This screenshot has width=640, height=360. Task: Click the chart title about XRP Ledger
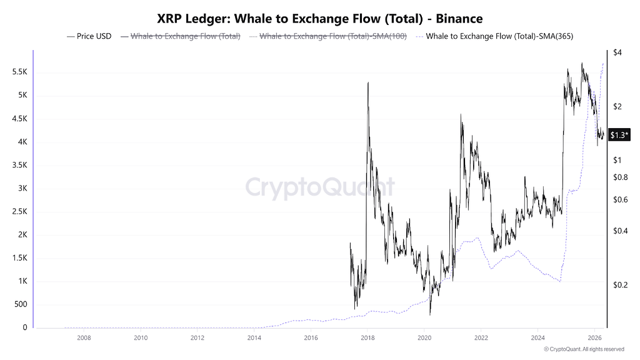pyautogui.click(x=319, y=19)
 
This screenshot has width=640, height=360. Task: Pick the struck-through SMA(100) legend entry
pyautogui.click(x=333, y=36)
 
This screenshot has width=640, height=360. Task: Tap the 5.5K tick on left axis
pyautogui.click(x=19, y=72)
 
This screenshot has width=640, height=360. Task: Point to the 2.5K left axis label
pyautogui.click(x=19, y=212)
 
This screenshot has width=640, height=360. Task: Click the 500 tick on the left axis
pyautogui.click(x=21, y=305)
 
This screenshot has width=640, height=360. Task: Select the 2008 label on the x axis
pyautogui.click(x=84, y=337)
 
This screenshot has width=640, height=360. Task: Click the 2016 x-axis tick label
pyautogui.click(x=311, y=337)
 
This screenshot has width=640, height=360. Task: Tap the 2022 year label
pyautogui.click(x=481, y=337)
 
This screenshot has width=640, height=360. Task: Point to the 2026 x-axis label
pyautogui.click(x=594, y=337)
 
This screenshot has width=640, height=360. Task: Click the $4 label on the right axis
pyautogui.click(x=617, y=52)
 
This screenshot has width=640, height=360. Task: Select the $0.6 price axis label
pyautogui.click(x=620, y=200)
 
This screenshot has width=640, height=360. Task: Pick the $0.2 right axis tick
pyautogui.click(x=620, y=285)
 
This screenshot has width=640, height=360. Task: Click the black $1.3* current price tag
pyautogui.click(x=619, y=135)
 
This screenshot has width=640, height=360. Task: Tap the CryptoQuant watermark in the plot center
pyautogui.click(x=319, y=187)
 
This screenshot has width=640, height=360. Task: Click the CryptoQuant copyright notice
pyautogui.click(x=584, y=349)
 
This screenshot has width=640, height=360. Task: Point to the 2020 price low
pyautogui.click(x=430, y=314)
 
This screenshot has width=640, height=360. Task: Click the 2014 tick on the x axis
pyautogui.click(x=254, y=337)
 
